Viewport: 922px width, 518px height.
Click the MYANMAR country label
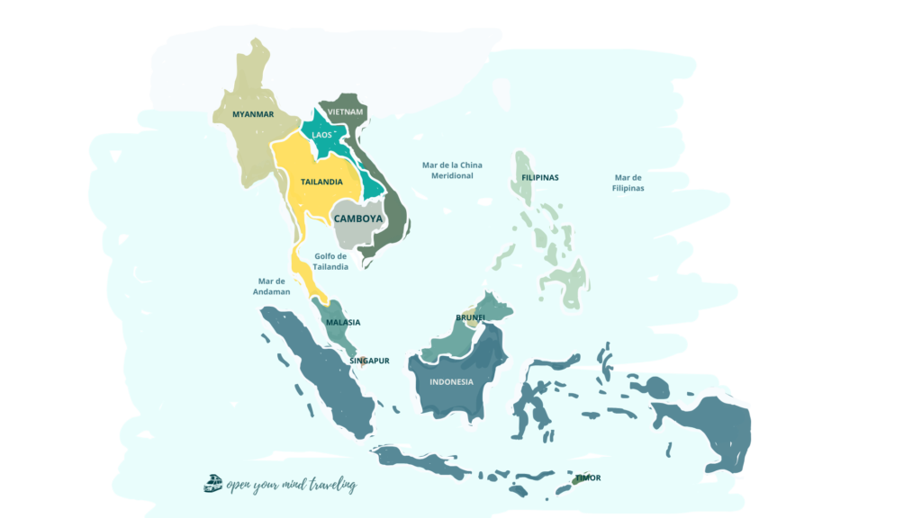coord(252,114)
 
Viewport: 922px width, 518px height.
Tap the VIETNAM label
coord(346,112)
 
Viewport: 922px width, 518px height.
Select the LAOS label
coord(321,135)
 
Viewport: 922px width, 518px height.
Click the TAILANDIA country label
coord(321,182)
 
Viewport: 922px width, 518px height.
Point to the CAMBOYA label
coord(358,219)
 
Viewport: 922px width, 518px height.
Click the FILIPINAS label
coord(540,178)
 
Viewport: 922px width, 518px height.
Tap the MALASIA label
coord(343,322)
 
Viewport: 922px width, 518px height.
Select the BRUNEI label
coord(471,317)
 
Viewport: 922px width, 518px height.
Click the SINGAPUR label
coord(369,361)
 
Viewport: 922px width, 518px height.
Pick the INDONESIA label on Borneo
coord(451,381)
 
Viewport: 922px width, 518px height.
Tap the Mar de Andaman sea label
coord(272,286)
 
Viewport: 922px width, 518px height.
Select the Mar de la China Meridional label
coord(452,170)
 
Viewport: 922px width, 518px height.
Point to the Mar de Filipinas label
coord(628,183)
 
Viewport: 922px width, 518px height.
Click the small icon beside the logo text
coord(213,484)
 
